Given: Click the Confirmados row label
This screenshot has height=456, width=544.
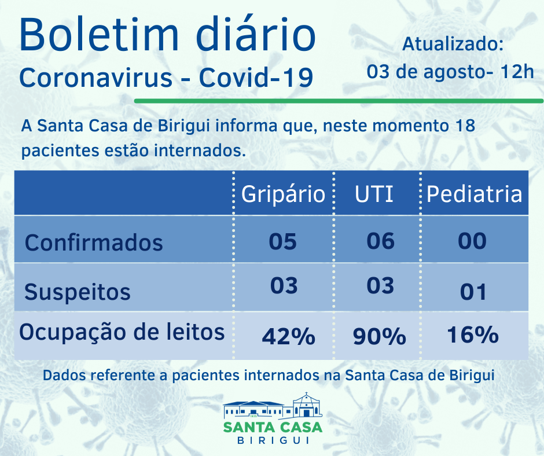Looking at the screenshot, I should pos(94,242).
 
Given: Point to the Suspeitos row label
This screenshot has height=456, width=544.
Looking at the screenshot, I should pos(78,292).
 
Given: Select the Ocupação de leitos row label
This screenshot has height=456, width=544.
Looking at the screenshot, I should pos(122,332).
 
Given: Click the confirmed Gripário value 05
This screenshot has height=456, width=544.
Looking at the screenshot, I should pos(283,240).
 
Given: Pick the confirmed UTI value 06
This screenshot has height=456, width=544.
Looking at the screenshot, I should pos(380,240).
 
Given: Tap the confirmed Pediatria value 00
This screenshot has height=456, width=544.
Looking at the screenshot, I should pos(472,240).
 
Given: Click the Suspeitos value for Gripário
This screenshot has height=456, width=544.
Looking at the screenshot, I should pos(284,285).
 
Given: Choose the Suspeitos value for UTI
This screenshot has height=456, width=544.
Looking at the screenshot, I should pos(380,285).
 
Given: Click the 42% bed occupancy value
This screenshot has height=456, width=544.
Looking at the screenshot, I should pos(288,336).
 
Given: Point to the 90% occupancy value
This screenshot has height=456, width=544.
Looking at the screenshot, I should pos(380,336).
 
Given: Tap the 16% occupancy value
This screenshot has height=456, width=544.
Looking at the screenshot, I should pos(472,334).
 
